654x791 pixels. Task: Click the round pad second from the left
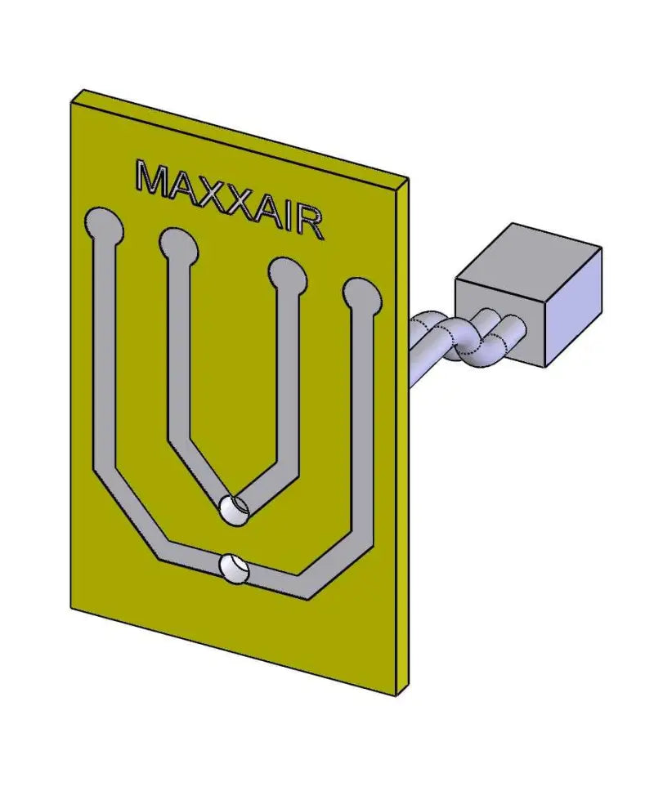(x=177, y=244)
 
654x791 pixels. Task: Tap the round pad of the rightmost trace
(x=361, y=293)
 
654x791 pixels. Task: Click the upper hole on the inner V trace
(x=234, y=508)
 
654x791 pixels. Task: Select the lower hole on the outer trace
(x=233, y=568)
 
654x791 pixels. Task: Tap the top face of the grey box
(x=528, y=252)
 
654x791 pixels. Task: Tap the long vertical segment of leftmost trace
(x=104, y=351)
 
